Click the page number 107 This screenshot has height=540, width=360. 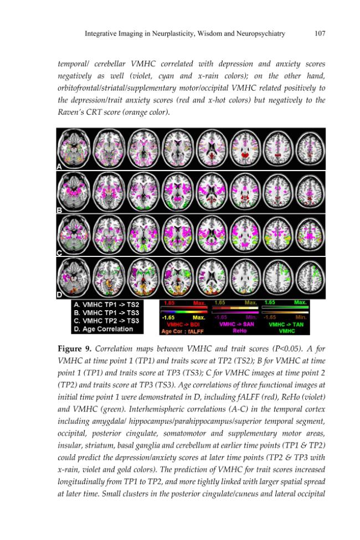pos(320,33)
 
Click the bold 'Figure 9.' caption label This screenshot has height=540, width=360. pos(74,348)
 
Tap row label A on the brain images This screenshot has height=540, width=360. pos(59,167)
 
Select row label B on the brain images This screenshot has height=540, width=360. pos(59,210)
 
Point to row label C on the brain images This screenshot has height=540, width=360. pos(59,253)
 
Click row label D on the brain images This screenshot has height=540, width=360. pos(59,295)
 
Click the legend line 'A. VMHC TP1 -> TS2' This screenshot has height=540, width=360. pos(106,305)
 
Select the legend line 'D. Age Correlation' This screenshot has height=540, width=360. pos(104,329)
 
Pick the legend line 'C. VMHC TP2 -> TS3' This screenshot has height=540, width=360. pos(106,321)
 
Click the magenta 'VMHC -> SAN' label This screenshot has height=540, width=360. pos(236,324)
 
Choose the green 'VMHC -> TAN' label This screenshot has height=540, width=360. pos(286,324)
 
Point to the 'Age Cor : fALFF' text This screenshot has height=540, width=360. pos(182,331)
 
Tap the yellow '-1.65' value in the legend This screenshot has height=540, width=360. pos(168,317)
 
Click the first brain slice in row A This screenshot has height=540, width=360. pos(74,149)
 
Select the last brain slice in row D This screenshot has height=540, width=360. pos(310,277)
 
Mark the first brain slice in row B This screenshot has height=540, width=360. pos(74,192)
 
